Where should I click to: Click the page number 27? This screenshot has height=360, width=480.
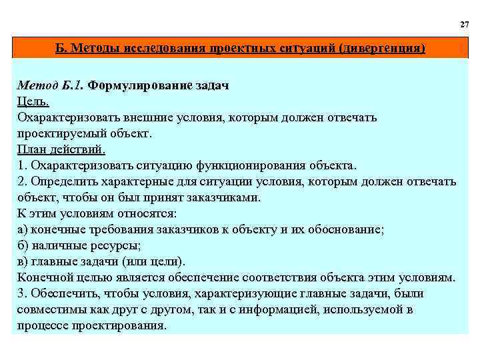464,24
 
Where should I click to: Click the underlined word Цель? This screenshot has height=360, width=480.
33,102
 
